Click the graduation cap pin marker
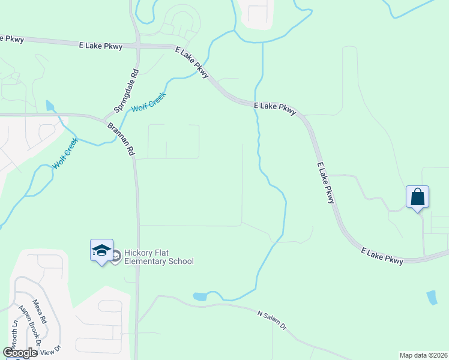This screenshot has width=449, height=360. pos(101,250)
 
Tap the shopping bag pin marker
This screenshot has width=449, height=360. pos(417,197)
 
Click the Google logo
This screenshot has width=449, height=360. pos(20,353)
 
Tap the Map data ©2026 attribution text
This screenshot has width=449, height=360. pos(423,355)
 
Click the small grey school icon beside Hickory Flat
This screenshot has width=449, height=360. pos(116,257)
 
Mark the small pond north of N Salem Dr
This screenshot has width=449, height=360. pos(200,296)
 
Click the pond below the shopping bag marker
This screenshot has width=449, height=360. pos(432,298)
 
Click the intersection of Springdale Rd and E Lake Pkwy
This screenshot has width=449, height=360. pos(137,46)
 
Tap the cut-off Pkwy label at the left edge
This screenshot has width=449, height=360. pos(12,39)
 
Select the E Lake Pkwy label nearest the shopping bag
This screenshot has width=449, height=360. pos(381,254)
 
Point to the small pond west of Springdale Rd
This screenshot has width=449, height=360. pos(50,106)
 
